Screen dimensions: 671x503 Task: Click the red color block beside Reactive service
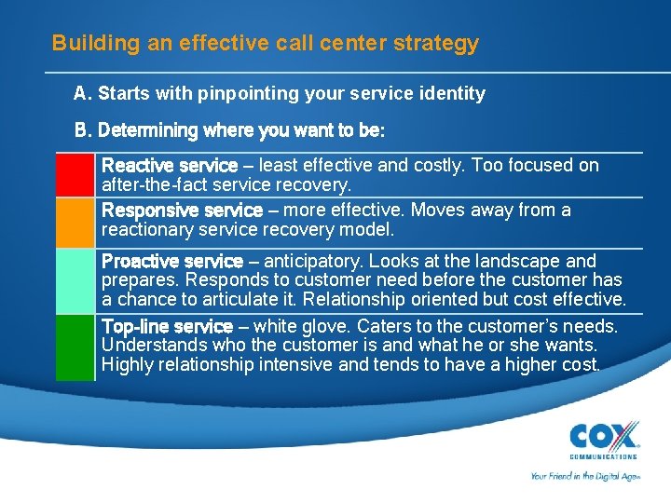[x=75, y=175]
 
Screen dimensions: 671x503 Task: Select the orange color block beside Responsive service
[x=75, y=221]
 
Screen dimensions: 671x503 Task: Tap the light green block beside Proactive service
[x=75, y=280]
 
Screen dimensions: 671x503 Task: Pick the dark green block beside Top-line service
[x=75, y=347]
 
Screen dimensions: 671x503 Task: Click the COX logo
[x=604, y=436]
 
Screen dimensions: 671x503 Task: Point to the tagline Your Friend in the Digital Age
[x=583, y=475]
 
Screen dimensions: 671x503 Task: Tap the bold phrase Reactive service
[x=169, y=166]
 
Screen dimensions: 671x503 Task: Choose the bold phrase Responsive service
[x=181, y=211]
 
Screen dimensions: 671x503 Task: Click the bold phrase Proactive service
[x=171, y=262]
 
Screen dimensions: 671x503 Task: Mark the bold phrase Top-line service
[x=166, y=327]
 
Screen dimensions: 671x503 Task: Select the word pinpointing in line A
[x=234, y=93]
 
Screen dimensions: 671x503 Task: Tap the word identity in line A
[x=454, y=93]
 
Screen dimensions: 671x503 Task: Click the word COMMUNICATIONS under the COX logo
[x=604, y=456]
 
